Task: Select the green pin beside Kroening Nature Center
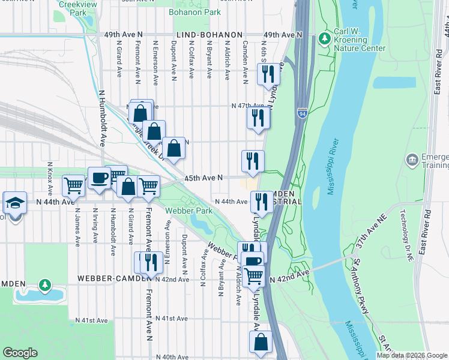coord(325,39)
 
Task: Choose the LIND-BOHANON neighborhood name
coord(209,35)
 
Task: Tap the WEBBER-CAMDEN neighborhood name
coord(115,279)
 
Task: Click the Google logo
coord(20,353)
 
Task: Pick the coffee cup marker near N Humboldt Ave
coord(99,178)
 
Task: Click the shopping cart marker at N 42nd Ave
coord(254,276)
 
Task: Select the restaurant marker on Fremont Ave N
coord(150,262)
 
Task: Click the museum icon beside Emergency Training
coord(412,160)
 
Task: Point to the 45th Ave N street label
coord(203,178)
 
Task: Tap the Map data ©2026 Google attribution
coord(411,355)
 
